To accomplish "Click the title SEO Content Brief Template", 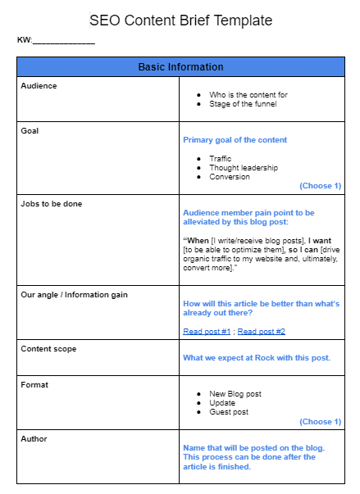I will (x=180, y=19).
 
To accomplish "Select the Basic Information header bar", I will (x=180, y=66).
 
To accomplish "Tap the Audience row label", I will (x=39, y=85).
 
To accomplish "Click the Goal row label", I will (x=30, y=130).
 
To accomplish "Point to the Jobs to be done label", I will (x=51, y=203).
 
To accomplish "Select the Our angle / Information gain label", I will (x=74, y=294).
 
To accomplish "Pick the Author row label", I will (x=34, y=438).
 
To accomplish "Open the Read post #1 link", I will (x=207, y=332).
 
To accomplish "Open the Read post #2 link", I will (x=261, y=332).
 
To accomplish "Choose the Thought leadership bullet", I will (x=244, y=167).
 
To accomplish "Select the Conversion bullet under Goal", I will (x=230, y=176).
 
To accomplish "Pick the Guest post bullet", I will (x=230, y=412).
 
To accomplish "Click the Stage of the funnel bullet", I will (x=243, y=104).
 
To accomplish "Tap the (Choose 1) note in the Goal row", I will (x=320, y=186).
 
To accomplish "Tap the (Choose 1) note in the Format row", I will (x=320, y=422).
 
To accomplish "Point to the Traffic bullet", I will (x=221, y=158).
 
